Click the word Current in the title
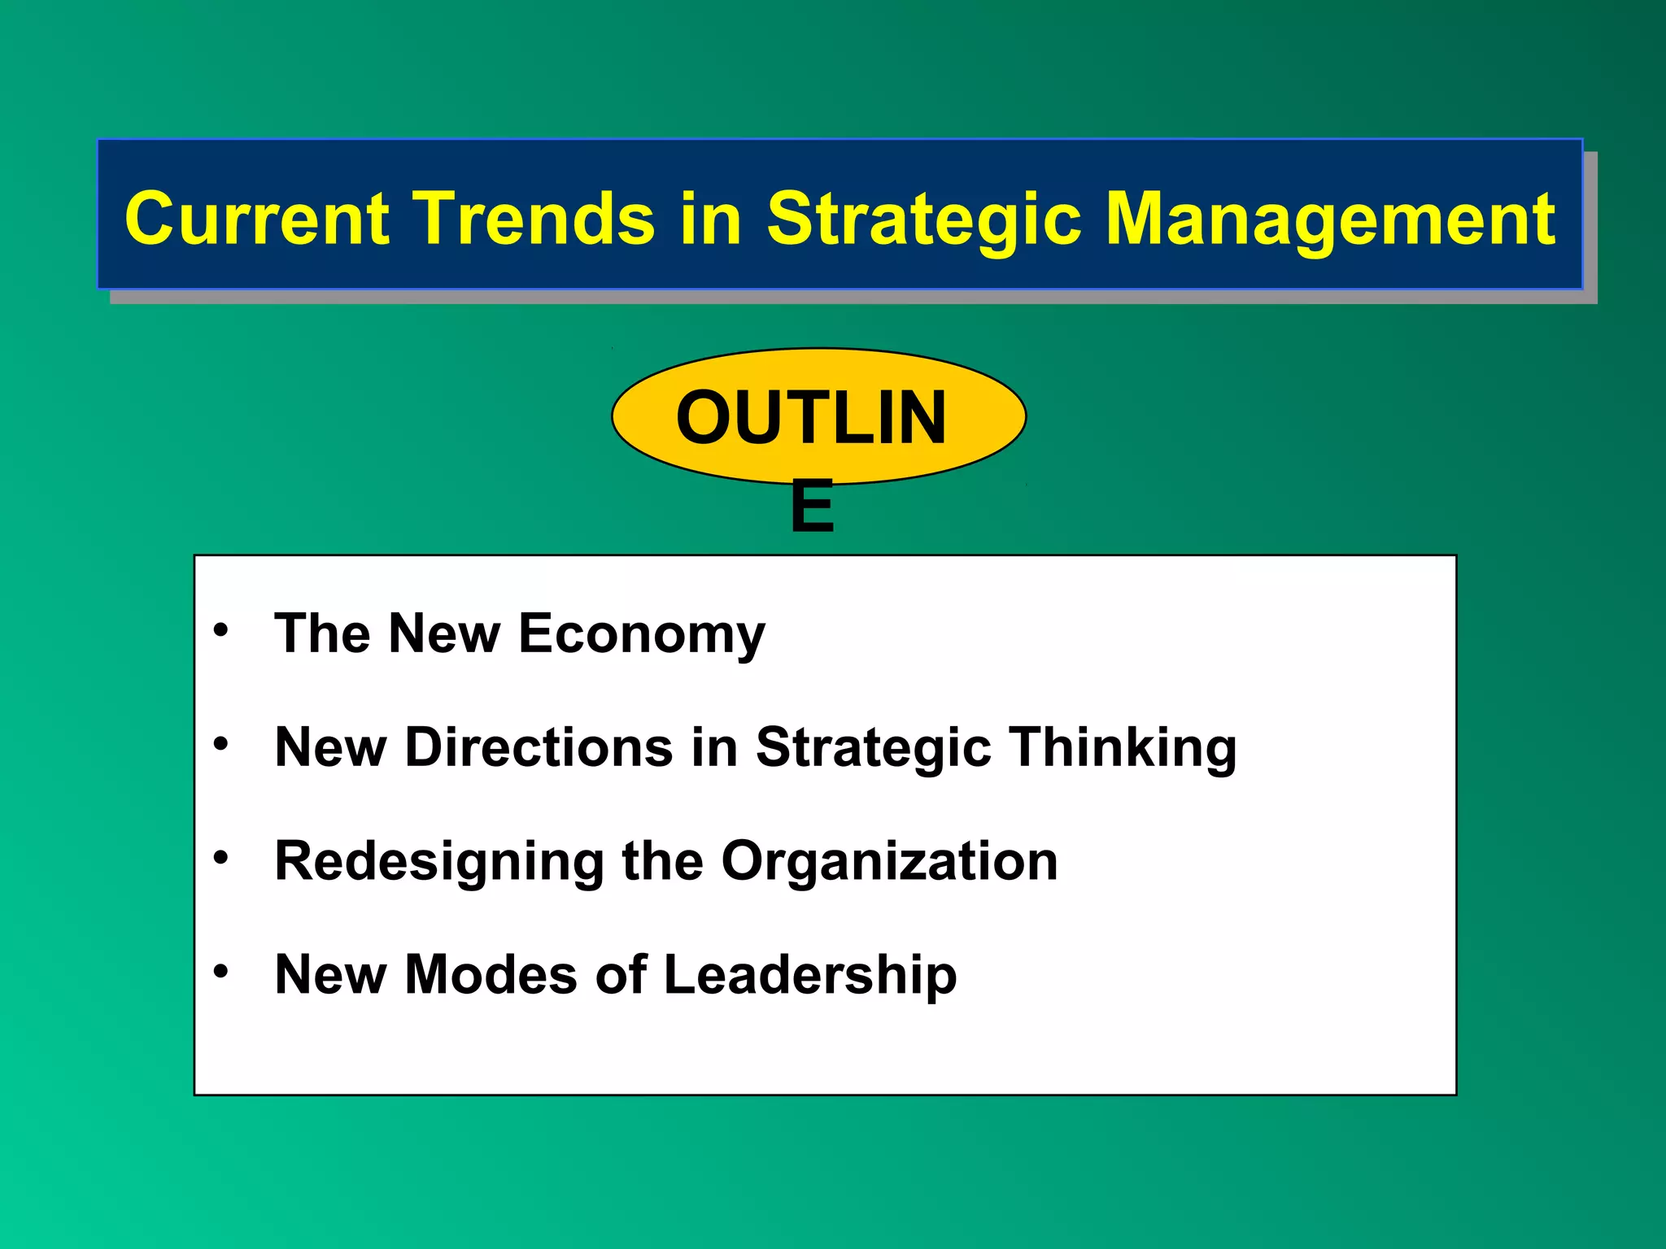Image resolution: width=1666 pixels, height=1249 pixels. tap(257, 220)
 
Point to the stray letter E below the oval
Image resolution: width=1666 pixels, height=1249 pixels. tap(812, 507)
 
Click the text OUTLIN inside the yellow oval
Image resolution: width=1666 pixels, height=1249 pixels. tap(811, 418)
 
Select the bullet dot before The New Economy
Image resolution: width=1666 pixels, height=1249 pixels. tap(220, 630)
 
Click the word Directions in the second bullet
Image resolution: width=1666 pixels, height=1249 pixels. tap(539, 747)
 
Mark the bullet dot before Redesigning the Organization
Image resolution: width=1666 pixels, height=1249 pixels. tap(220, 858)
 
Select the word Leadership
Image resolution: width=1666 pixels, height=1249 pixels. tap(810, 977)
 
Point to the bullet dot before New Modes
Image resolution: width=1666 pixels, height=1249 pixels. tap(220, 971)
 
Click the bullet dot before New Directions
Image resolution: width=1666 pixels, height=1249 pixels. tap(220, 743)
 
